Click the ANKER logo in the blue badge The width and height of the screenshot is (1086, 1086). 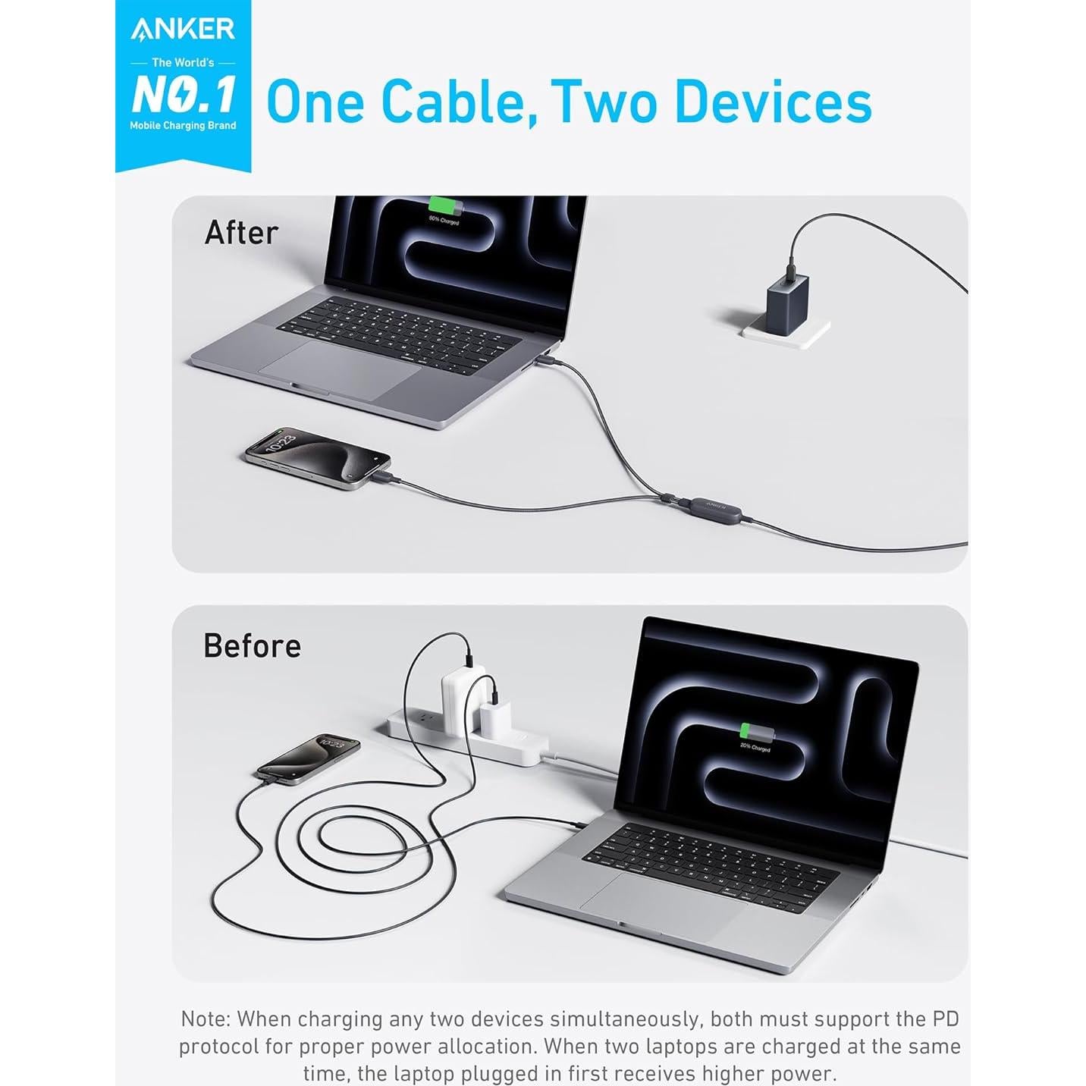click(183, 29)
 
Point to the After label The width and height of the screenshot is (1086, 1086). click(241, 233)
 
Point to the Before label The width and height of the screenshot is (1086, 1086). click(252, 646)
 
